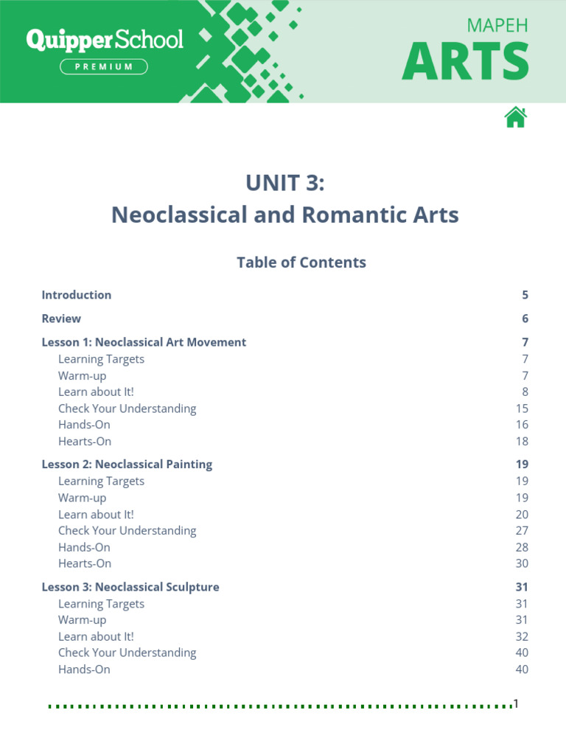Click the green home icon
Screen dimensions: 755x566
tap(516, 117)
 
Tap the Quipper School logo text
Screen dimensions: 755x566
tap(105, 40)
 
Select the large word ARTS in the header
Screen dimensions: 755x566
tap(465, 61)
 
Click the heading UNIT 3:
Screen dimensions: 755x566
tap(284, 183)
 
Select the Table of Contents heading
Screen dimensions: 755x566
tap(301, 262)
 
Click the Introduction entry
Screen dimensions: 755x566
tap(77, 295)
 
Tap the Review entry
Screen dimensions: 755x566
tap(61, 319)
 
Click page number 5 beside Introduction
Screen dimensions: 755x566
tap(525, 295)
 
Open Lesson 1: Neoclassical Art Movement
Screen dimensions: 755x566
tap(144, 342)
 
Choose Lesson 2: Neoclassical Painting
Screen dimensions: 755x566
tap(127, 465)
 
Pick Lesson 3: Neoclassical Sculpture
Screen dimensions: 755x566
tap(130, 587)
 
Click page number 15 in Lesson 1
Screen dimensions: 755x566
tap(522, 408)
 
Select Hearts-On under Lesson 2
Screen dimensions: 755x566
tap(85, 563)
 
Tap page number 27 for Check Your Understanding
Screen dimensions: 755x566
tap(522, 531)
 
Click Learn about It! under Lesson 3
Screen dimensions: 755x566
tap(96, 636)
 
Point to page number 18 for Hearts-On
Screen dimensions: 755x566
tap(522, 442)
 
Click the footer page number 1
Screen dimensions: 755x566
tap(517, 704)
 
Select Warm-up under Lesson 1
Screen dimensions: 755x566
tap(82, 376)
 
